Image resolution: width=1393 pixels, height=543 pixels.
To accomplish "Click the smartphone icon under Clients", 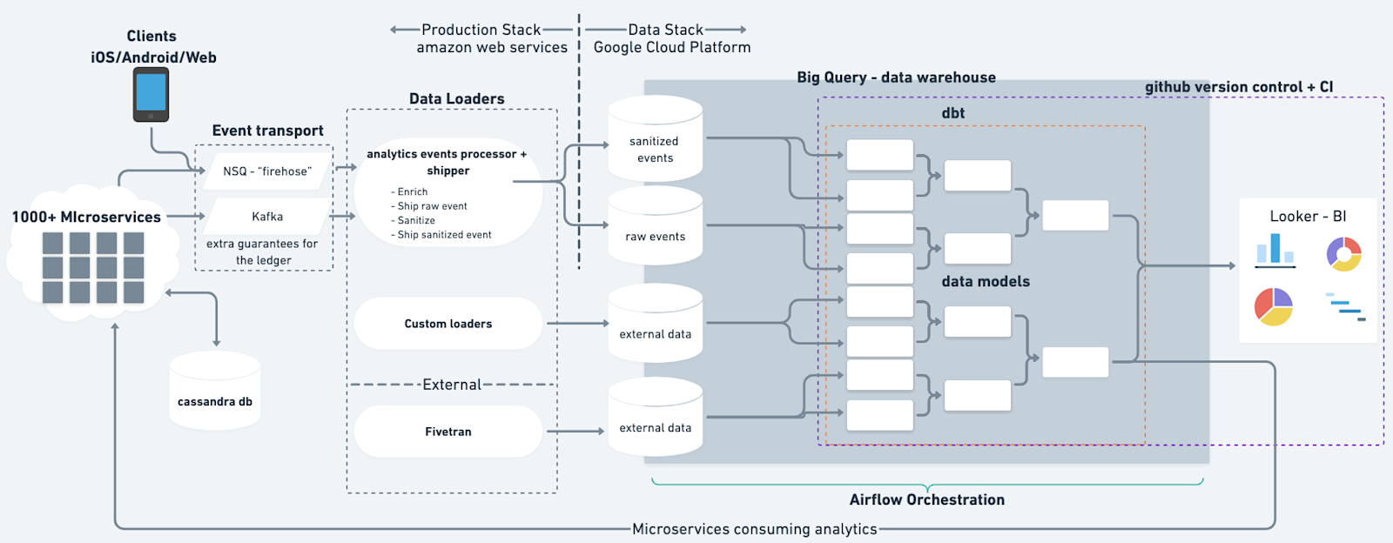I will coord(151,95).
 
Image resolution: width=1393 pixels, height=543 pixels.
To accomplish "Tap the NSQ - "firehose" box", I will coord(266,171).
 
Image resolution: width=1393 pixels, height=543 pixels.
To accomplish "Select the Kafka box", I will coord(267,217).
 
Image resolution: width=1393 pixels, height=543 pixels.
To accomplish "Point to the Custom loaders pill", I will coord(448,324).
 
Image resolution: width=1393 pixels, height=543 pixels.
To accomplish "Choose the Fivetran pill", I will coord(448,432).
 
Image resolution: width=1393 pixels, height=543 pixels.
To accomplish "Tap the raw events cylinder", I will coord(655,231).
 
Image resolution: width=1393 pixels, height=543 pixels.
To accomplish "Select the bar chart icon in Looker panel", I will coord(1275,250).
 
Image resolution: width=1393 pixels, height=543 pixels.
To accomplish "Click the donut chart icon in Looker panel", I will coord(1343,254).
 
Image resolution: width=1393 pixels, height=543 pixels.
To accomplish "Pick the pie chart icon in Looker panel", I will coord(1274,307).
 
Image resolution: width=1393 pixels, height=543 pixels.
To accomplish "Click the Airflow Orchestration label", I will coord(927,499).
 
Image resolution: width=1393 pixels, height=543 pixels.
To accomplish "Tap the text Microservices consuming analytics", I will coord(755,529).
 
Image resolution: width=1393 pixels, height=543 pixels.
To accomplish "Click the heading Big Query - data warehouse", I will coord(896,77).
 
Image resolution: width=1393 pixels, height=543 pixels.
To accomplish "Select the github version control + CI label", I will coord(1238,87).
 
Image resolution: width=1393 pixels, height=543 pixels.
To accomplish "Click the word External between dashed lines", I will coord(451,385).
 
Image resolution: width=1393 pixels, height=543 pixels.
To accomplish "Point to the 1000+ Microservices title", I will coord(86,217).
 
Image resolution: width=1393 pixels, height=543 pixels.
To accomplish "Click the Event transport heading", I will coord(267,131).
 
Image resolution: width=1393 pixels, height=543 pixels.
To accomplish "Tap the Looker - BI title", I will coord(1308,217).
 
